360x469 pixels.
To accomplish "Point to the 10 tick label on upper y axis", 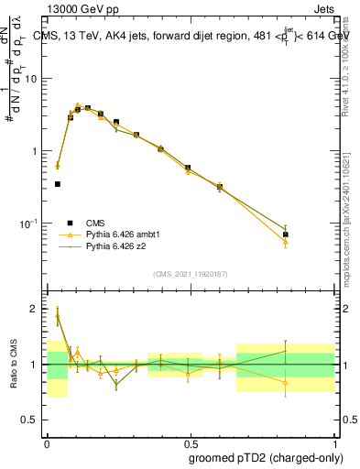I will click(34, 79).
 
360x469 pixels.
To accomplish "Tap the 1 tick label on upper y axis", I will click(37, 151).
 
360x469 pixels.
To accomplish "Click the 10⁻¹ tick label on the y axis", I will click(31, 224).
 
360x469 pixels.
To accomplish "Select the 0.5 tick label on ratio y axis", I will click(33, 420).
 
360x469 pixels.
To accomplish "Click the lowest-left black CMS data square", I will click(58, 184).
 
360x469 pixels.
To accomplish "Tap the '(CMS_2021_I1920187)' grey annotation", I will click(191, 273).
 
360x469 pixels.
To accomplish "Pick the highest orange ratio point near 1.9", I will click(58, 315).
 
